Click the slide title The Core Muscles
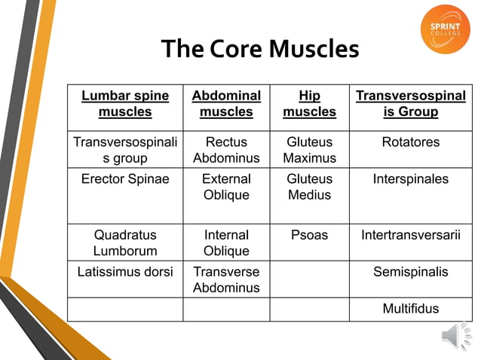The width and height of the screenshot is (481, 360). click(260, 49)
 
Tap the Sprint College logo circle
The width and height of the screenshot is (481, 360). click(445, 29)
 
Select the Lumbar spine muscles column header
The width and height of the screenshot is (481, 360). click(125, 104)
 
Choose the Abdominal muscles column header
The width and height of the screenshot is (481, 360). click(226, 104)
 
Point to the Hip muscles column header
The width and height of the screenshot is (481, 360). click(309, 104)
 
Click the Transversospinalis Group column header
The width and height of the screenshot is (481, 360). click(410, 104)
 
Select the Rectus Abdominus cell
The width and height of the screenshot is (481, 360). click(226, 150)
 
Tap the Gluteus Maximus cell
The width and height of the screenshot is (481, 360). click(309, 150)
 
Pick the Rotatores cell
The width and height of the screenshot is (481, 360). click(410, 142)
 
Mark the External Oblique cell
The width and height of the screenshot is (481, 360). click(226, 187)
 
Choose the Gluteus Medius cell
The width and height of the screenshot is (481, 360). click(309, 187)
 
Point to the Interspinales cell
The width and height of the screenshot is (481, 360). click(410, 179)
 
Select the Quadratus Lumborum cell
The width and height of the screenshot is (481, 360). click(125, 243)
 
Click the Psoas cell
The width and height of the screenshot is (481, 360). click(309, 235)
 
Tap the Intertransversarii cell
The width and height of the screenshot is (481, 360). click(410, 235)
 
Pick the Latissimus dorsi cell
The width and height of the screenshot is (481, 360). click(125, 272)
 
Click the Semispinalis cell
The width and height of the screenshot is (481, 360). click(410, 272)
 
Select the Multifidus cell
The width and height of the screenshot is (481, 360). click(410, 309)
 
